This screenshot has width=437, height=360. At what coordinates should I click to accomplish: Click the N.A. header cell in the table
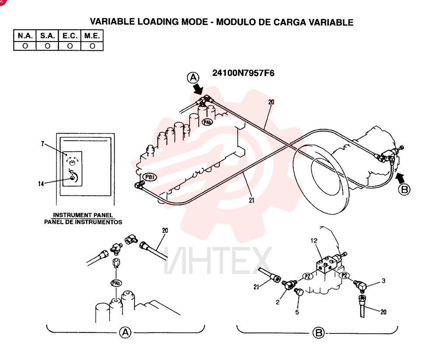click(25, 36)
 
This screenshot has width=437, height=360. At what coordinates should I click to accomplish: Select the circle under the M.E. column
click(92, 46)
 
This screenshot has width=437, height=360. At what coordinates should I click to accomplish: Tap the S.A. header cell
click(47, 36)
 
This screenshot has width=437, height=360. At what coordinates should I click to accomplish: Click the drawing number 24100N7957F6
click(243, 73)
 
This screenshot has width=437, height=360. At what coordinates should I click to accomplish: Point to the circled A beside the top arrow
click(193, 77)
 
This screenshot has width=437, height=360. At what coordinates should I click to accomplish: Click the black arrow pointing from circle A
click(198, 89)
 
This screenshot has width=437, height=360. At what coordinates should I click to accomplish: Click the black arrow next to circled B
click(400, 177)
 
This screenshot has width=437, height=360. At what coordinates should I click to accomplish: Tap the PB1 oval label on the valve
click(149, 177)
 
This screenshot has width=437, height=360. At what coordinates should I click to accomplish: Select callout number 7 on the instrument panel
click(42, 144)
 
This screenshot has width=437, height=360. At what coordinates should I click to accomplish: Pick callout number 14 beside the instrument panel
click(41, 183)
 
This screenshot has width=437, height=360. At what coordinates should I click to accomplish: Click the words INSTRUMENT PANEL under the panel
click(83, 215)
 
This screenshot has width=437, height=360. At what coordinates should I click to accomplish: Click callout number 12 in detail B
click(314, 240)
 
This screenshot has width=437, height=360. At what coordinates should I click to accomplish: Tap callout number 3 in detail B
click(384, 280)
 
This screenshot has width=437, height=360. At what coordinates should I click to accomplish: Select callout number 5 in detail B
click(297, 312)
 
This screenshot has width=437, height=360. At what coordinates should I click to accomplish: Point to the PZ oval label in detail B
click(308, 277)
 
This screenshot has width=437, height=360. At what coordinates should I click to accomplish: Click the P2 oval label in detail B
click(344, 276)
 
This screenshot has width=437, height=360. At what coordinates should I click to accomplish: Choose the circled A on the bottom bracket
click(125, 332)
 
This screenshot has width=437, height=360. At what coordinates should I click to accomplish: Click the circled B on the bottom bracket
click(318, 332)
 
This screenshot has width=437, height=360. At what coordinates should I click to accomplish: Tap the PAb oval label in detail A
click(116, 283)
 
